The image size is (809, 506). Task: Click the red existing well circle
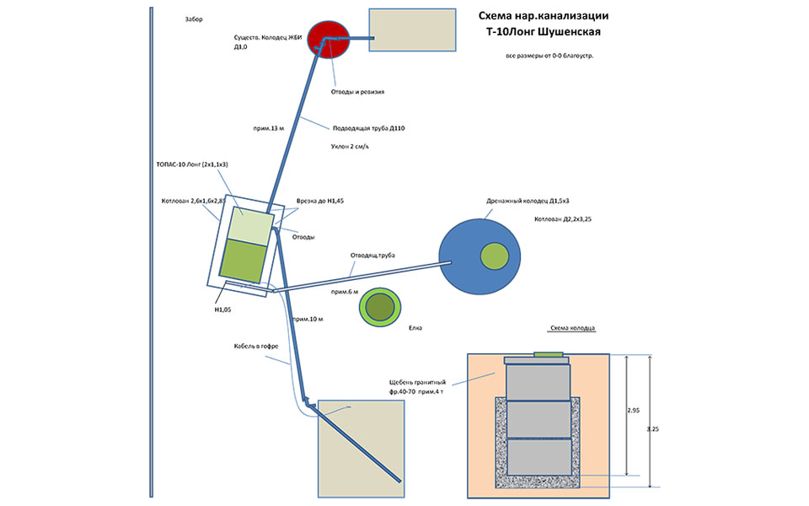328,40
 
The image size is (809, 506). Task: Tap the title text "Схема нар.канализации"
544,15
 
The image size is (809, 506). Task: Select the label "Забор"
194,19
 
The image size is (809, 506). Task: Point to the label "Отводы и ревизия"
357,92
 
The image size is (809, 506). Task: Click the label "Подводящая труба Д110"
368,128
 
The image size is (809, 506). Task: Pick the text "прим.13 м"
268,128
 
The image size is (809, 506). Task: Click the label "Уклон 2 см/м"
350,147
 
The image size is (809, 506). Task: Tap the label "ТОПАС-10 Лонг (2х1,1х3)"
192,164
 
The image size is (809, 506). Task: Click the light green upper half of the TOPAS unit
251,226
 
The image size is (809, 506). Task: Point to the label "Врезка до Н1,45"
320,201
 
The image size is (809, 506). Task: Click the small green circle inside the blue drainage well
495,256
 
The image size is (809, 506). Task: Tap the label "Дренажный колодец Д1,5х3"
528,201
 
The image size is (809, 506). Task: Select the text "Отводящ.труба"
372,255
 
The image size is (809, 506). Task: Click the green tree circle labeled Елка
380,307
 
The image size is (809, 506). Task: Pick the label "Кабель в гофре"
256,346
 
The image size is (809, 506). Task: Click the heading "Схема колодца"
573,328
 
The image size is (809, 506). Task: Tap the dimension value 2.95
633,411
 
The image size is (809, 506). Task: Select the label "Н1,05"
222,310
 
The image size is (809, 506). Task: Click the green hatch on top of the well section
549,355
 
